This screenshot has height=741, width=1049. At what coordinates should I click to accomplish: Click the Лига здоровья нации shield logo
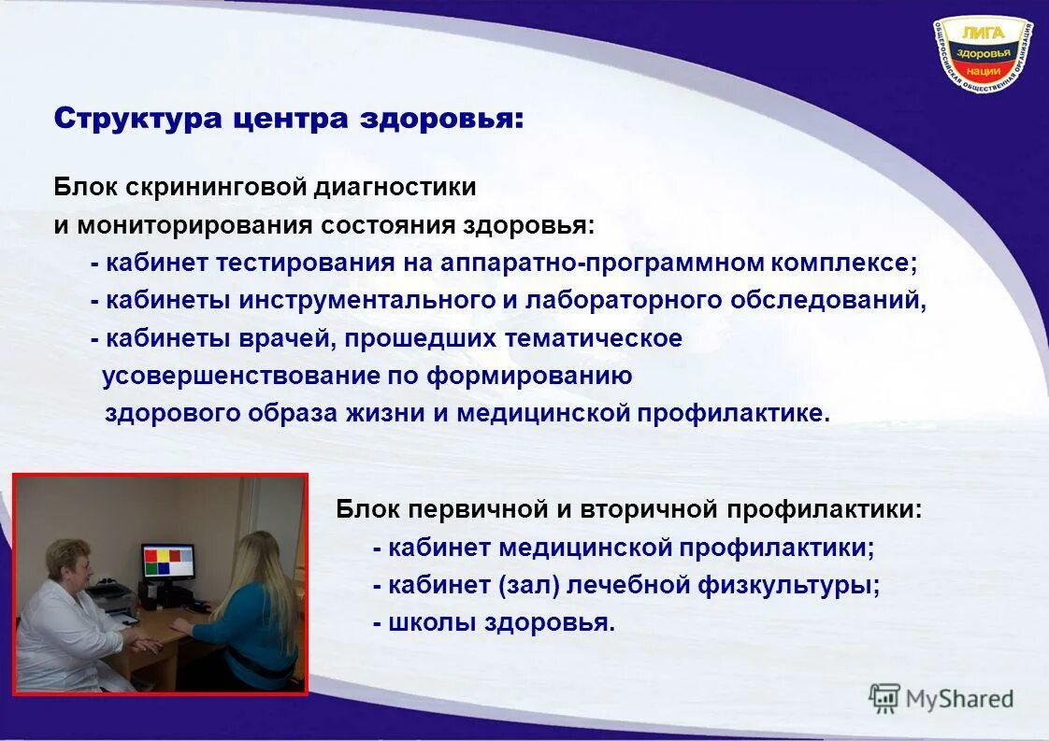pyautogui.click(x=982, y=59)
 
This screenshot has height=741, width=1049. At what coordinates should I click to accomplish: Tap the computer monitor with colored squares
pyautogui.click(x=168, y=561)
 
